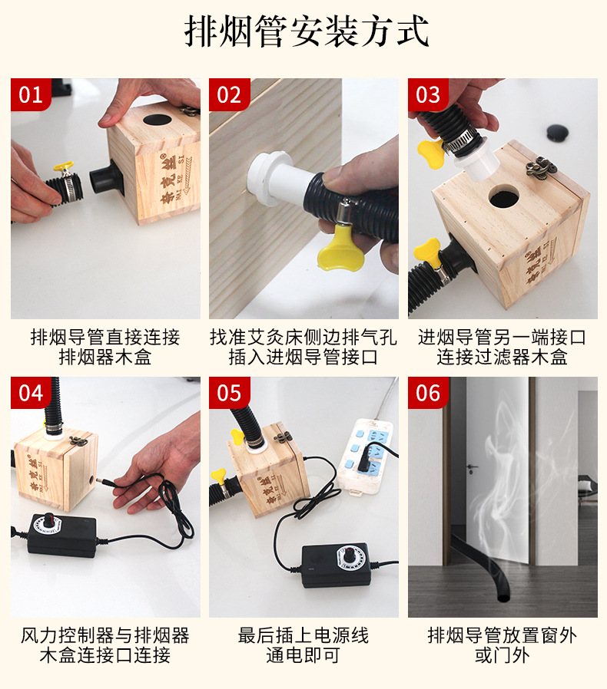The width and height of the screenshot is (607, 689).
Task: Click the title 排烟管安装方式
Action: (x=307, y=31)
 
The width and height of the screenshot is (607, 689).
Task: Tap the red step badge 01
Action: (x=31, y=94)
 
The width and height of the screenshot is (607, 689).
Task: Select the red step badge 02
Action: (x=229, y=94)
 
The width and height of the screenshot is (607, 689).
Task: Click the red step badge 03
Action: (x=428, y=94)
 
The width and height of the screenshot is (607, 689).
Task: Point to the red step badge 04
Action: (x=31, y=392)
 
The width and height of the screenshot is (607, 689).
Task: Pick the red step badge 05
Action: (x=229, y=392)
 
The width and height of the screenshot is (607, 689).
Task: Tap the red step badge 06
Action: (x=428, y=392)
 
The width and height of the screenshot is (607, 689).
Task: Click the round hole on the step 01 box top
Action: (x=158, y=120)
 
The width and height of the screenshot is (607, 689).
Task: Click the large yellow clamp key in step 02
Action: (x=340, y=251)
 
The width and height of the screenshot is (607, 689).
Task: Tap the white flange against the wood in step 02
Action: (x=265, y=179)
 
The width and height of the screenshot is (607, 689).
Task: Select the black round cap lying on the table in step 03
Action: (x=557, y=132)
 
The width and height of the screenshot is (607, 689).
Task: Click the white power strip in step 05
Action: (x=364, y=456)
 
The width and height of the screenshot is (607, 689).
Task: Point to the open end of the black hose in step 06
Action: (x=503, y=598)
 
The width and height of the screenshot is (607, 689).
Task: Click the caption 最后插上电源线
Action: (x=303, y=635)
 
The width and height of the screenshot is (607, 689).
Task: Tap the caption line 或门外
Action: (x=503, y=655)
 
